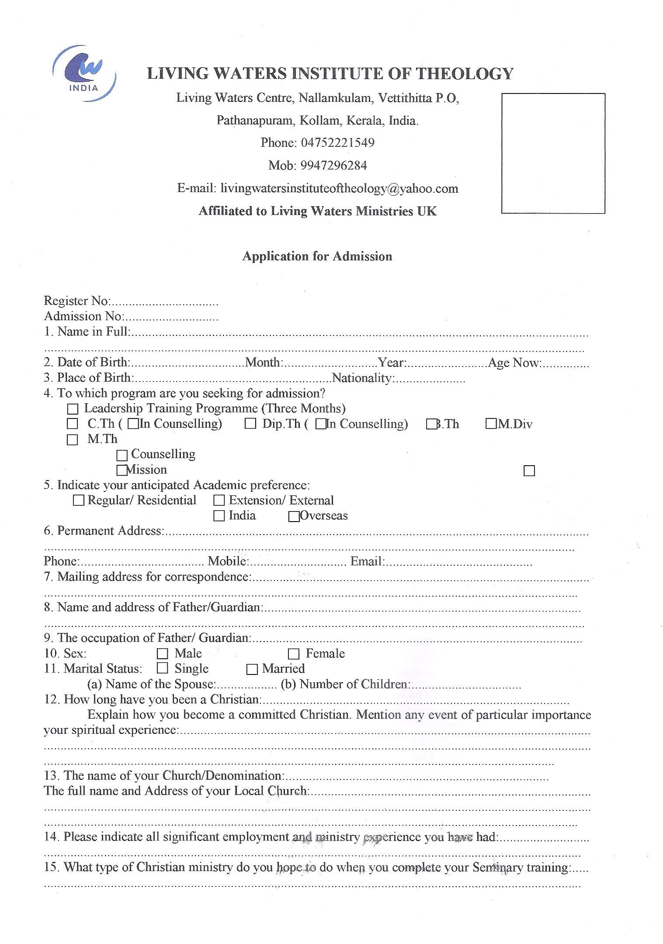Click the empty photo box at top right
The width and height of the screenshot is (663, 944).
(x=553, y=153)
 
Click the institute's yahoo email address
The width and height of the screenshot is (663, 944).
(x=339, y=189)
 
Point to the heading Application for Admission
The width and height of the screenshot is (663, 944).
(x=317, y=256)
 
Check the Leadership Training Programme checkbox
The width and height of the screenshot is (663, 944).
(x=73, y=409)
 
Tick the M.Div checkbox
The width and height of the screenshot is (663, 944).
(x=491, y=424)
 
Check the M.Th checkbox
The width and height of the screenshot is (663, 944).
(x=72, y=440)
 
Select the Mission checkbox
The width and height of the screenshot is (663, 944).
(x=121, y=470)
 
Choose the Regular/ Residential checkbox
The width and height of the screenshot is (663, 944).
(x=79, y=501)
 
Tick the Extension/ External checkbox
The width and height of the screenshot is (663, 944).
(x=219, y=501)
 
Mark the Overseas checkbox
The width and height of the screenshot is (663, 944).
(x=294, y=517)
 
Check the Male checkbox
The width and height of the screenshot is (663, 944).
(x=163, y=654)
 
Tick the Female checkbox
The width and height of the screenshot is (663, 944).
(x=294, y=654)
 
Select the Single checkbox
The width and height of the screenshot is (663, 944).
(x=163, y=668)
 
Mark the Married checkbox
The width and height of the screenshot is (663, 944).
(x=252, y=669)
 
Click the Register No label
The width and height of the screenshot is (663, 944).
(x=77, y=301)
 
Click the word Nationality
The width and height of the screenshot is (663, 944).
(x=362, y=378)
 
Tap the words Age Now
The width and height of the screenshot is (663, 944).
(x=514, y=363)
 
